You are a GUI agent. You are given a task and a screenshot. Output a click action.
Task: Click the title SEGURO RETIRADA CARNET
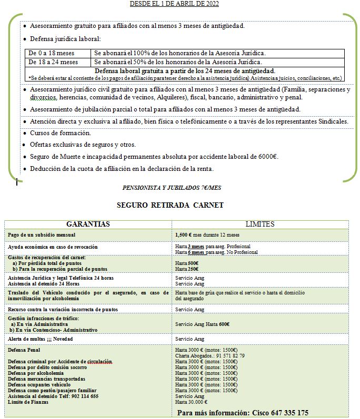pyautogui.click(x=170, y=205)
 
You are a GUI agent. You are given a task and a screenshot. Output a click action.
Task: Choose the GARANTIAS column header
pyautogui.click(x=88, y=224)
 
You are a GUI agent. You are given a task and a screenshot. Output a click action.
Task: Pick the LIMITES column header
pyautogui.click(x=259, y=224)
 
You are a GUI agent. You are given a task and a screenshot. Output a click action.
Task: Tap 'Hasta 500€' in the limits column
pyautogui.click(x=187, y=263)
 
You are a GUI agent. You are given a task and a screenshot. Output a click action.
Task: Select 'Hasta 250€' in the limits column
pyautogui.click(x=187, y=269)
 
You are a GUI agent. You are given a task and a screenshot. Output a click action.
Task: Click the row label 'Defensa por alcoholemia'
pyautogui.click(x=37, y=373)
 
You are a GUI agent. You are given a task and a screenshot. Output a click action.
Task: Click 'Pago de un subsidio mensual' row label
pyautogui.click(x=42, y=234)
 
